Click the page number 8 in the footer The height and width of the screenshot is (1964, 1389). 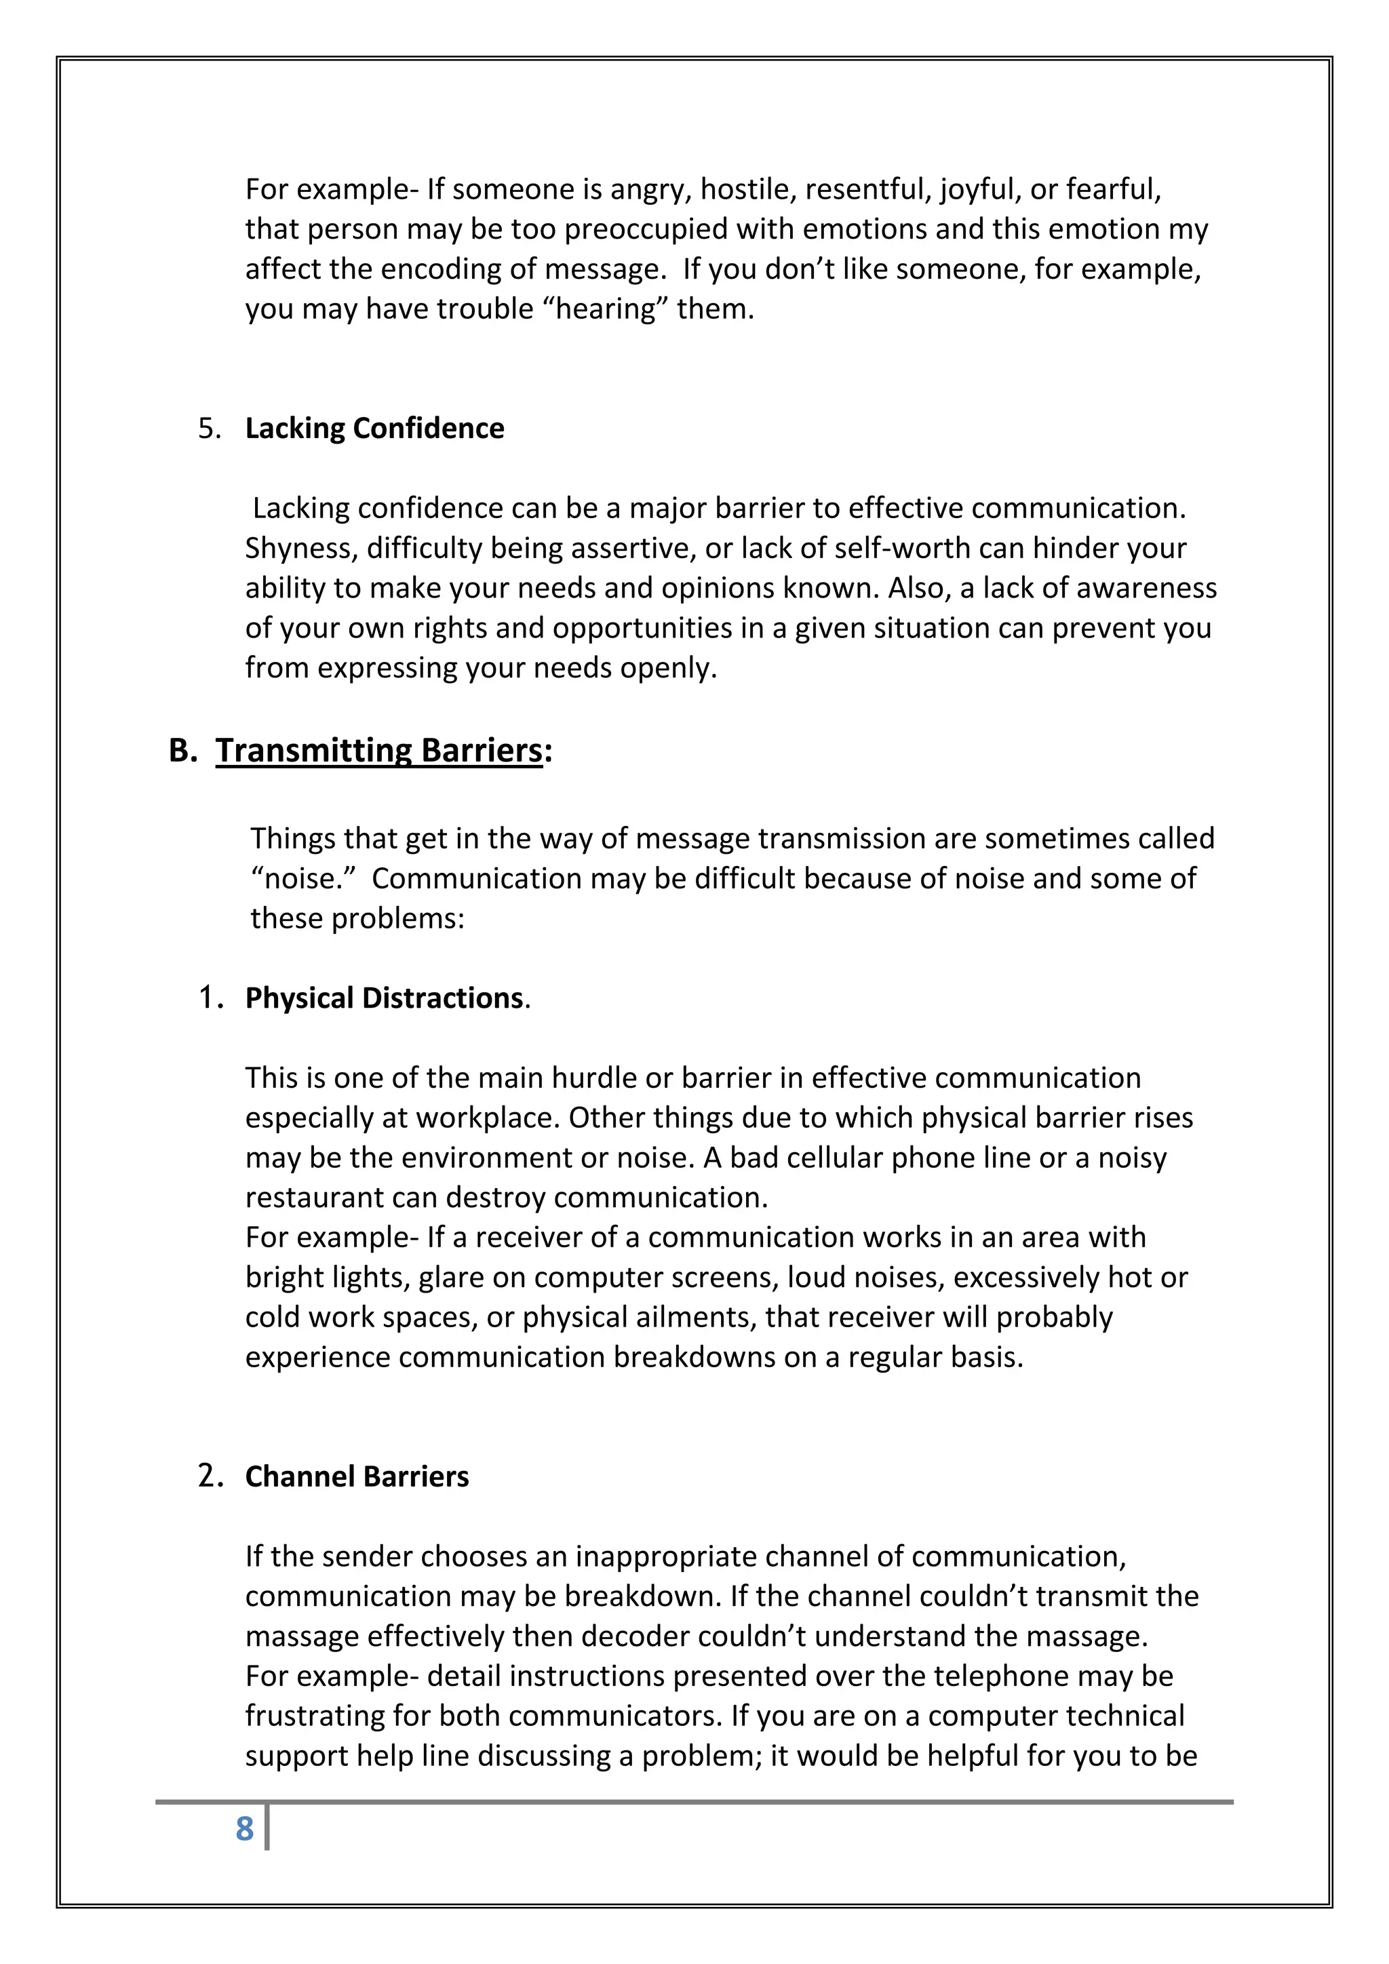(x=245, y=1829)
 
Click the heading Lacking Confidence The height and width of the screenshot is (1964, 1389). (x=374, y=428)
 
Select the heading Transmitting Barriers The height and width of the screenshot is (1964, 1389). (x=379, y=750)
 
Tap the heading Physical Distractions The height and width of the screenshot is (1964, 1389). (x=384, y=998)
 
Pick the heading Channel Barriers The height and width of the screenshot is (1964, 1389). (x=357, y=1476)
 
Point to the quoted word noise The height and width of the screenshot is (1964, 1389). (x=302, y=878)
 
